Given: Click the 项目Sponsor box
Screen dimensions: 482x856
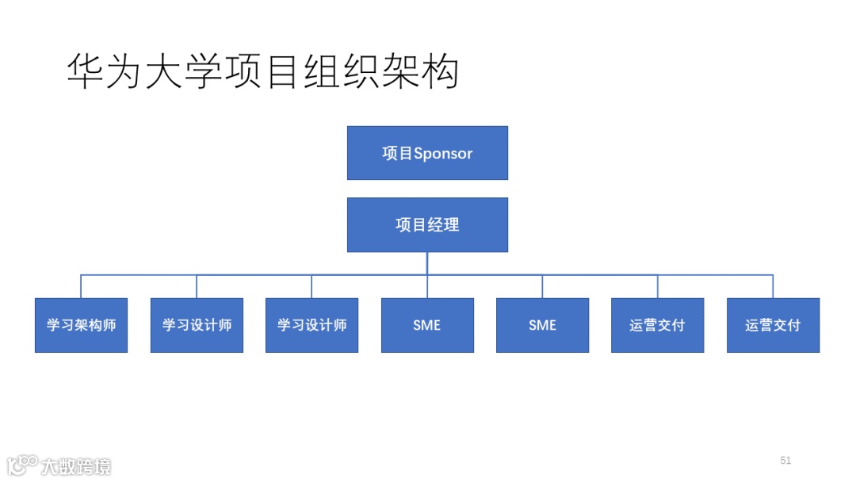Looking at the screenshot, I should click(x=427, y=153).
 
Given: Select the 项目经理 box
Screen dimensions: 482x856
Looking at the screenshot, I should click(x=427, y=224).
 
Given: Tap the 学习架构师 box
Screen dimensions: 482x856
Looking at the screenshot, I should click(x=81, y=325).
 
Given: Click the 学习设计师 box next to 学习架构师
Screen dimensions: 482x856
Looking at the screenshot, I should click(x=197, y=325).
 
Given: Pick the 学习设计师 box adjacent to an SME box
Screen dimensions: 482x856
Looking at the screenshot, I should click(x=311, y=325).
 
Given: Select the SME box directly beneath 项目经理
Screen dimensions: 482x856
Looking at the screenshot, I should click(x=427, y=325).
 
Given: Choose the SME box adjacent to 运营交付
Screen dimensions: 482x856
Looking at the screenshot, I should click(x=542, y=325).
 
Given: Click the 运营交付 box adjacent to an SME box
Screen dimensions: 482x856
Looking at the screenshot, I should click(x=657, y=325).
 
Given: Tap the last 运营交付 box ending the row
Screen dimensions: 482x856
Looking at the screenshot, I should click(x=773, y=325).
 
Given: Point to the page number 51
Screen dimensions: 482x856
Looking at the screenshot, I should click(x=785, y=461).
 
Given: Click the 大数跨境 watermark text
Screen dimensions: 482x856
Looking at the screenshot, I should click(x=78, y=466).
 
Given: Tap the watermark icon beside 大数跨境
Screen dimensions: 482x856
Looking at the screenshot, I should click(x=22, y=465).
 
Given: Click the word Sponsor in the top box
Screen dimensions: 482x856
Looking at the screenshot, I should click(x=443, y=154).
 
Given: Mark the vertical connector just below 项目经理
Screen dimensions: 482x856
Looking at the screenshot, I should click(x=427, y=263).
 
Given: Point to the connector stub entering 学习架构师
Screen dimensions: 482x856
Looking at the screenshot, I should click(x=81, y=286).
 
